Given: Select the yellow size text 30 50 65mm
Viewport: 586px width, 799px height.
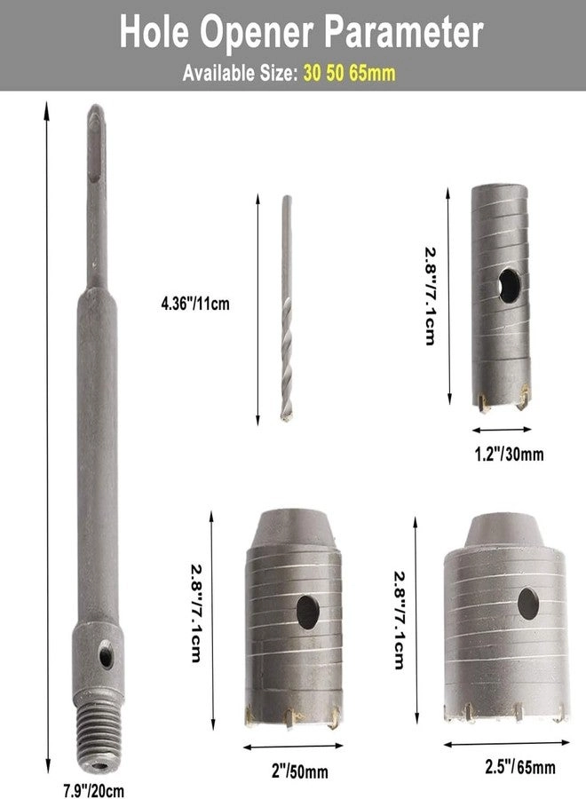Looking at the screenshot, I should pyautogui.click(x=349, y=74).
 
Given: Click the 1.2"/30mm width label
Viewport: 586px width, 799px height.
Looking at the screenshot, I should pyautogui.click(x=503, y=455).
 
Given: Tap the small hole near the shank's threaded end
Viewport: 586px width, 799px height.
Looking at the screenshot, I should pyautogui.click(x=106, y=658).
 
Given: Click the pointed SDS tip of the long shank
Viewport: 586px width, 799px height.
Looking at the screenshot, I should pyautogui.click(x=97, y=120).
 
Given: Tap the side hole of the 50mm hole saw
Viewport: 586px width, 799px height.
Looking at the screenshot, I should pyautogui.click(x=307, y=612).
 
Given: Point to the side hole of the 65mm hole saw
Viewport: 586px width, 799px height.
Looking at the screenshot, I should pyautogui.click(x=527, y=603).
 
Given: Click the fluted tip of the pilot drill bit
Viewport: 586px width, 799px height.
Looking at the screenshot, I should pyautogui.click(x=286, y=391).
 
